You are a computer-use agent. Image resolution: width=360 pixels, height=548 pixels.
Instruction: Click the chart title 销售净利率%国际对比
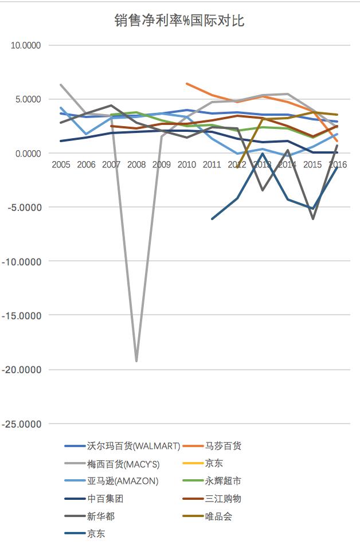coord(180,22)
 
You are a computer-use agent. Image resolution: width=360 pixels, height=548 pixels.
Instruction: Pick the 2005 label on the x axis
coord(61,165)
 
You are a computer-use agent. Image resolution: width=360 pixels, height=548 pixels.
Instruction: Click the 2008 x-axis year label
coord(136,165)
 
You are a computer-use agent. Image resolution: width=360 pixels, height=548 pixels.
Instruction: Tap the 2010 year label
coord(187,165)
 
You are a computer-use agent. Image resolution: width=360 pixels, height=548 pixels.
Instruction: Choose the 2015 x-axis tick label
coord(312,165)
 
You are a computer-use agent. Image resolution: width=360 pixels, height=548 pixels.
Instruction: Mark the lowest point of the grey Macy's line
coord(136,361)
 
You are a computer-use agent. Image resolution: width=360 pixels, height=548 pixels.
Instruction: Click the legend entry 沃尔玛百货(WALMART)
coord(134,446)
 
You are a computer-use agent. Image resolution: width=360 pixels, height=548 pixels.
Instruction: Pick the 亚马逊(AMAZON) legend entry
coord(122,481)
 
